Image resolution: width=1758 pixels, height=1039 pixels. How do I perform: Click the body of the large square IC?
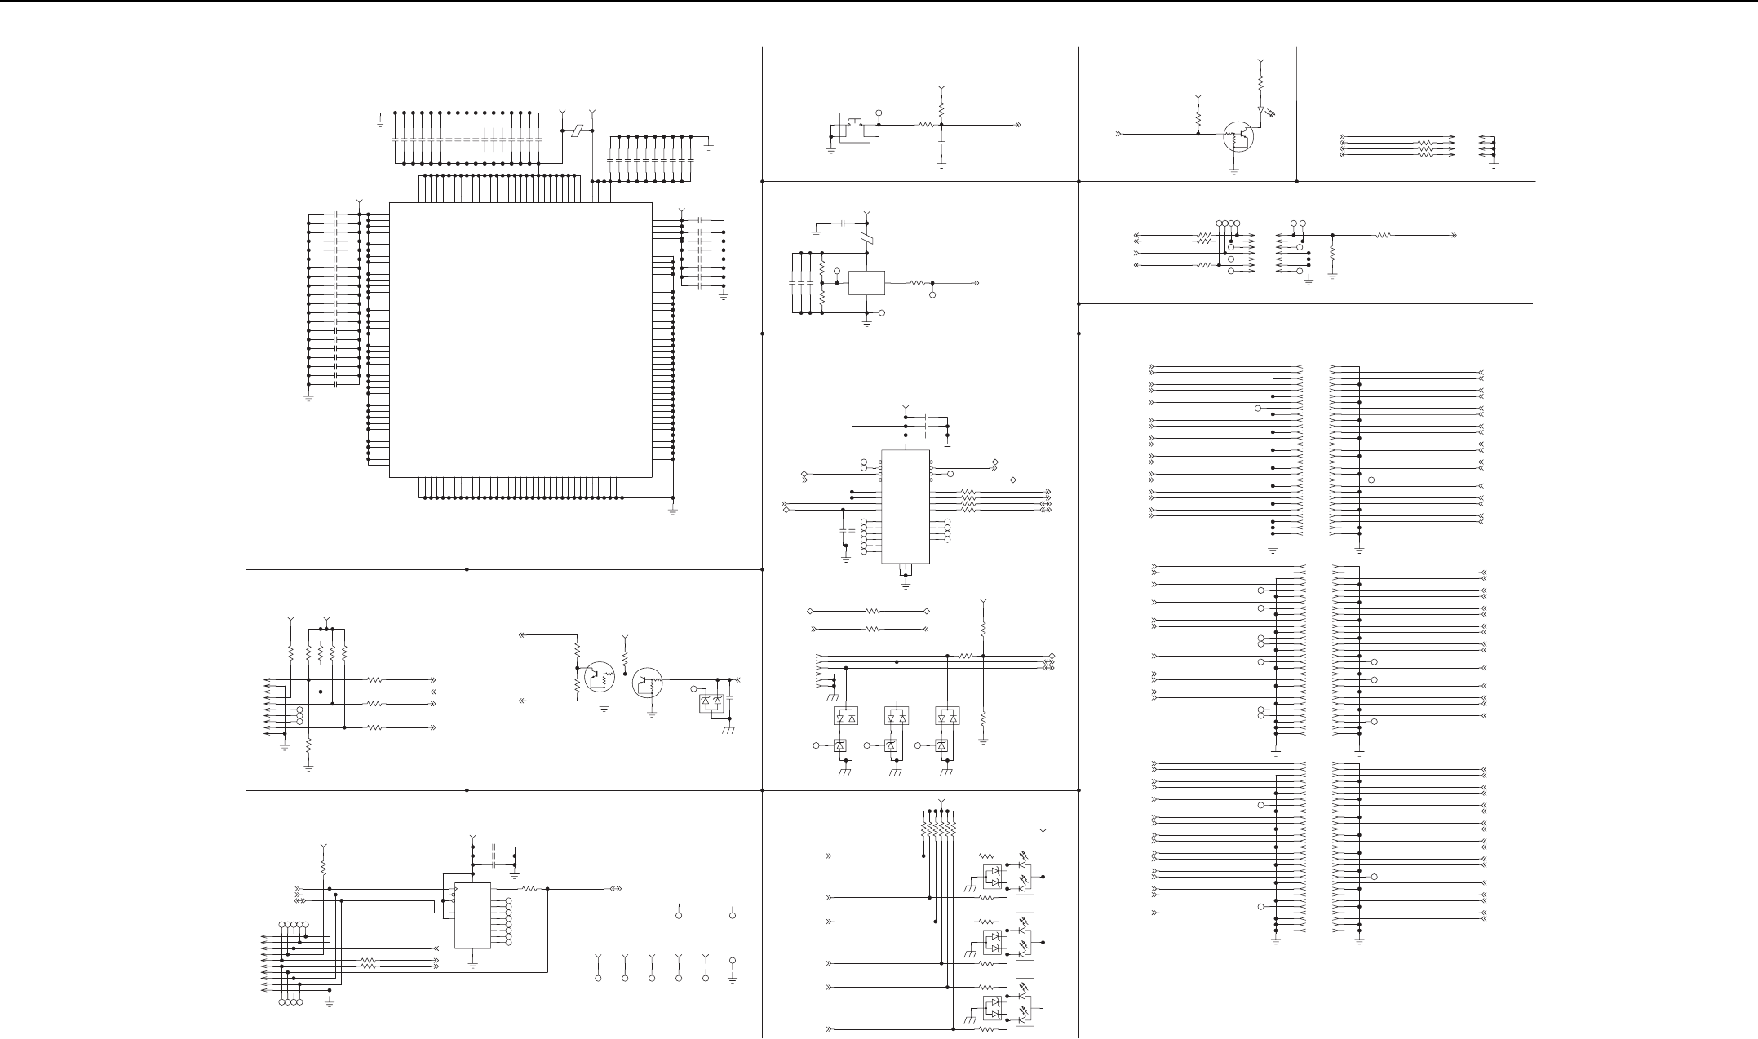tap(520, 339)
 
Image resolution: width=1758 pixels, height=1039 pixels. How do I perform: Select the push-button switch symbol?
tap(855, 128)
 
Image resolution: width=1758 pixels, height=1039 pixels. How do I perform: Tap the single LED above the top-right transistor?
tap(1260, 110)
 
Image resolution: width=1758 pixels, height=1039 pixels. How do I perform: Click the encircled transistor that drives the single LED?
tap(1238, 137)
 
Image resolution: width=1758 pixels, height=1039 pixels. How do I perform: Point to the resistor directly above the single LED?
tap(1260, 83)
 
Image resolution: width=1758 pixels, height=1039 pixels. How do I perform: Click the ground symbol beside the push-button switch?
tap(831, 150)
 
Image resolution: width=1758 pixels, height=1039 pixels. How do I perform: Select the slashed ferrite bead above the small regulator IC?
tap(866, 239)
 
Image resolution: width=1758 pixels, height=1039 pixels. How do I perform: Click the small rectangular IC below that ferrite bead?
tap(866, 283)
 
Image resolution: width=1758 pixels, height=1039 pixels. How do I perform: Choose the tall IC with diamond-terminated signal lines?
tap(906, 506)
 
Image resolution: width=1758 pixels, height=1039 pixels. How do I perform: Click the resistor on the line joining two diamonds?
tap(872, 611)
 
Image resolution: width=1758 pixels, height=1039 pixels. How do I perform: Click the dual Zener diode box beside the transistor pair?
tap(712, 703)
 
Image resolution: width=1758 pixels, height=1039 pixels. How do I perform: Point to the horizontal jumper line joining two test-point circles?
tap(706, 904)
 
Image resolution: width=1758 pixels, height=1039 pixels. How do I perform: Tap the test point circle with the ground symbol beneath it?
tap(733, 962)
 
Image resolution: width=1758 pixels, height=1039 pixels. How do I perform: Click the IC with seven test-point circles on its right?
tap(472, 915)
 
